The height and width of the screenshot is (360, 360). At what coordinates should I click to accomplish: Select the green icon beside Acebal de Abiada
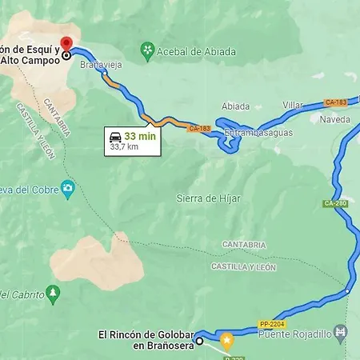pos(147,52)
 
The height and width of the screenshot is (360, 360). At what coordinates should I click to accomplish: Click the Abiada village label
pos(236,106)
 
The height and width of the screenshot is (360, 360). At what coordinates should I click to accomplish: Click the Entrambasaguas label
pos(259,132)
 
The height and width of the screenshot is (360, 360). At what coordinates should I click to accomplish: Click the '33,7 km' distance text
pos(124,147)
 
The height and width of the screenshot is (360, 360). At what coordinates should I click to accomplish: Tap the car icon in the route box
pos(115,136)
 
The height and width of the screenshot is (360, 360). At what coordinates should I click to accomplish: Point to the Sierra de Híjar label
pos(208,198)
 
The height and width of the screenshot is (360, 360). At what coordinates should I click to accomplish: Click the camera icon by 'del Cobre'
pos(68,189)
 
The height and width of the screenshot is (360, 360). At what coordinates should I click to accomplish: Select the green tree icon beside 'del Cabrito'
pos(54,294)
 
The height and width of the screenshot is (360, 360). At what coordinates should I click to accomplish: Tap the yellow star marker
pos(227,341)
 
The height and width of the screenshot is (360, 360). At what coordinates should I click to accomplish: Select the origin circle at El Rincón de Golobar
pos(200,339)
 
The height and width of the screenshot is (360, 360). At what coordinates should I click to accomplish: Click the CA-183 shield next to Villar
pos(336,102)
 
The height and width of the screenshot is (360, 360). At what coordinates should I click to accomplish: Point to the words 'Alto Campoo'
pos(30,60)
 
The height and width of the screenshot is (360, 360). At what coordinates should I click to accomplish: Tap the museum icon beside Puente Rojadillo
pos(342,331)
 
